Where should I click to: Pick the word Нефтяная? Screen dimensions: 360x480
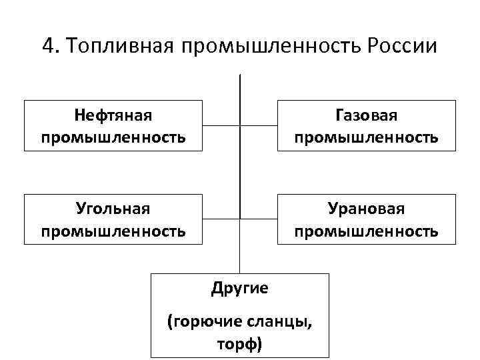(x=113, y=115)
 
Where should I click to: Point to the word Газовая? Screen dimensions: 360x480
(x=366, y=115)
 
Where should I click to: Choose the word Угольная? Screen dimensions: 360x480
(x=113, y=209)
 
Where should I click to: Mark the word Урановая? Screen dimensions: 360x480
(x=366, y=209)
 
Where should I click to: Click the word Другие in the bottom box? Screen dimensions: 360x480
(x=240, y=288)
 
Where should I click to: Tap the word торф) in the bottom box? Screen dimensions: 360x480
(x=240, y=344)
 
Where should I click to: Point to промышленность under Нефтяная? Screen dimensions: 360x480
(x=113, y=137)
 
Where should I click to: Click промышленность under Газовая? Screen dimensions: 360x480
(x=366, y=137)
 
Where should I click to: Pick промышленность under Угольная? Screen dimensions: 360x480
(x=113, y=231)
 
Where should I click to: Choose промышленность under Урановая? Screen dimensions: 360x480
(x=366, y=231)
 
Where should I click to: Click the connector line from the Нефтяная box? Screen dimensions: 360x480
(x=221, y=125)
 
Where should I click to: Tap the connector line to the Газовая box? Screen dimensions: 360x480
(x=259, y=125)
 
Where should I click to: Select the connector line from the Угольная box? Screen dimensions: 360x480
(x=221, y=219)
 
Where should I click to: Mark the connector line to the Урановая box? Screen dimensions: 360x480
(x=259, y=219)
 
